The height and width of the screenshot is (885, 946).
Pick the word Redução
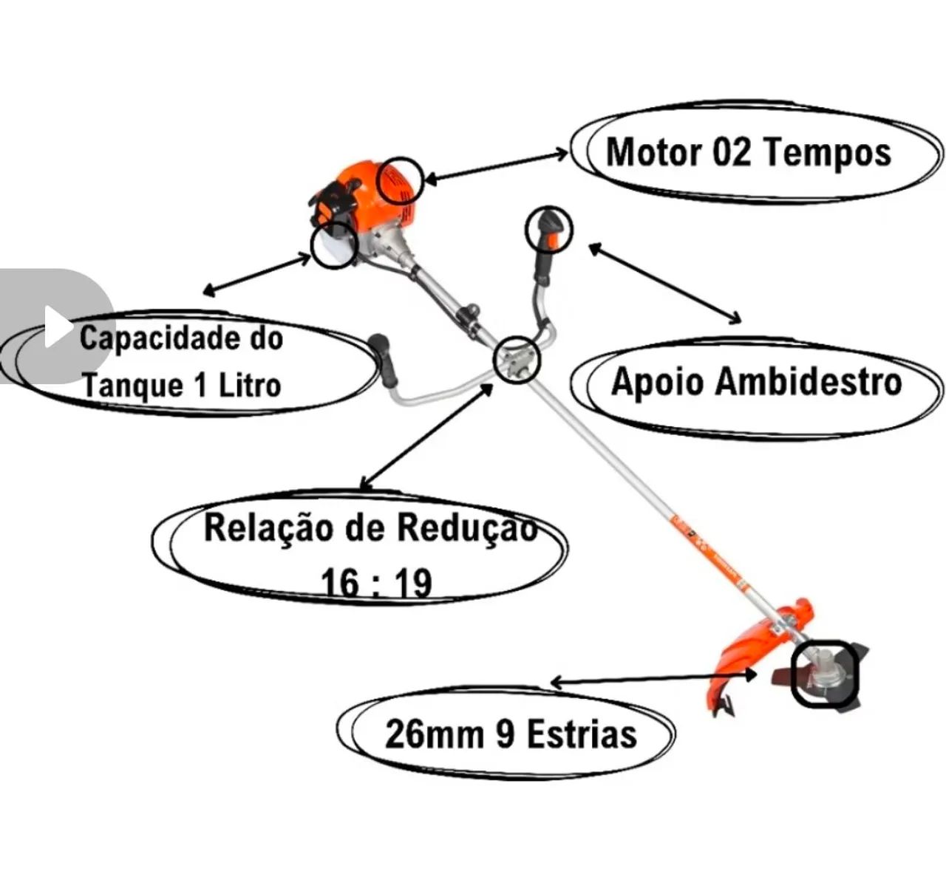(x=466, y=527)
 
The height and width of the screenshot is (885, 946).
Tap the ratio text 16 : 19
(x=377, y=583)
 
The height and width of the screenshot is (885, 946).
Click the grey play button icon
(x=56, y=326)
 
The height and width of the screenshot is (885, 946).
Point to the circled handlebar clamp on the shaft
(x=517, y=361)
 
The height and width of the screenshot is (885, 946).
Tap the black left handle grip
(x=382, y=360)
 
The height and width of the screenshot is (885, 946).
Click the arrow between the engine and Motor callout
(x=496, y=165)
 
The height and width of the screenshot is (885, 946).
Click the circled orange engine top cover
(x=399, y=180)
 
